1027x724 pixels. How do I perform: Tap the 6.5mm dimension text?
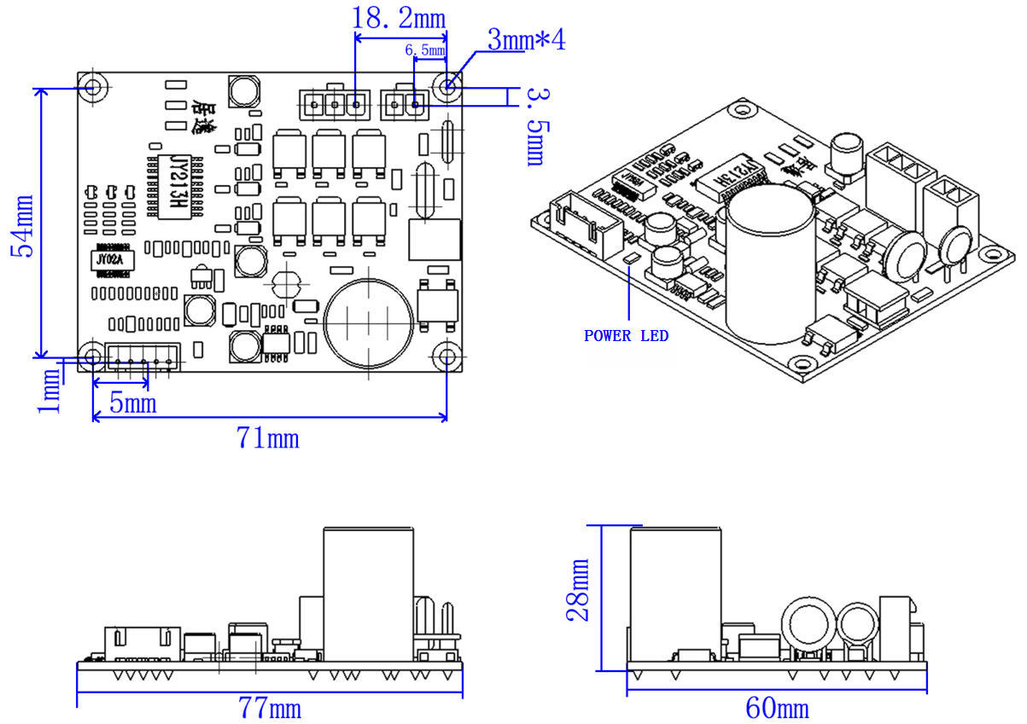tap(425, 51)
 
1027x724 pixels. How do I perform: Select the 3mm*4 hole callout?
tap(526, 39)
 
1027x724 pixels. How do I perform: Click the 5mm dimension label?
tap(133, 403)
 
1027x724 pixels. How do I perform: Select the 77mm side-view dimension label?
tap(269, 709)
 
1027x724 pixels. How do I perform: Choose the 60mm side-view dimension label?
tap(777, 709)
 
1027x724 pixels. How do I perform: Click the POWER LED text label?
tap(626, 336)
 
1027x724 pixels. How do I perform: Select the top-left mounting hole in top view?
tap(92, 87)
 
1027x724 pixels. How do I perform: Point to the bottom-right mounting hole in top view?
tap(446, 356)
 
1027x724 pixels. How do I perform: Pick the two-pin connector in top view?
tap(405, 105)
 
